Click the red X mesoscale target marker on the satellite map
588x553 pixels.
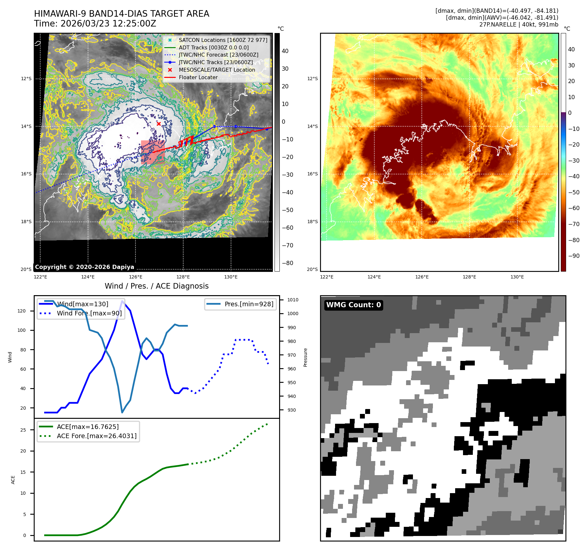tap(159, 124)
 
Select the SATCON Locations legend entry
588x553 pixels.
tap(223, 40)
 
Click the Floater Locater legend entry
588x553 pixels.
tap(198, 77)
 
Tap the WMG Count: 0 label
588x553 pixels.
tap(353, 305)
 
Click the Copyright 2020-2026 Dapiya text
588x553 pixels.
tap(84, 267)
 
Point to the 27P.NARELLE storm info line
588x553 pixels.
tap(519, 25)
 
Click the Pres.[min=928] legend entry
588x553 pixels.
tap(249, 304)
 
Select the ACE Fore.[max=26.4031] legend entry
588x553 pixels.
tap(97, 436)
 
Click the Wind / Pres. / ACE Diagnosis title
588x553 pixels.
tap(156, 286)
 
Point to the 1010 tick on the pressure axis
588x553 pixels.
tap(293, 300)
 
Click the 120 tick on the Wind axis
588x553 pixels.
tap(22, 311)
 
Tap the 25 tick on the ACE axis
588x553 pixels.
tap(23, 430)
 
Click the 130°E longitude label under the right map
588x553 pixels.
tap(517, 277)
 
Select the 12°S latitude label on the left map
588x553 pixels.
tap(26, 79)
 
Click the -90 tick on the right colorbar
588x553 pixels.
tap(574, 256)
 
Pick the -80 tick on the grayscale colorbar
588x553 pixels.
tap(288, 263)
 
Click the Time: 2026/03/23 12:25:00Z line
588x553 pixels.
tap(95, 24)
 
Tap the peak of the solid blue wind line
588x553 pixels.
tap(122, 301)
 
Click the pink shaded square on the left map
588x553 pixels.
tap(153, 152)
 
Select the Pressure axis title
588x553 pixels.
tap(305, 357)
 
